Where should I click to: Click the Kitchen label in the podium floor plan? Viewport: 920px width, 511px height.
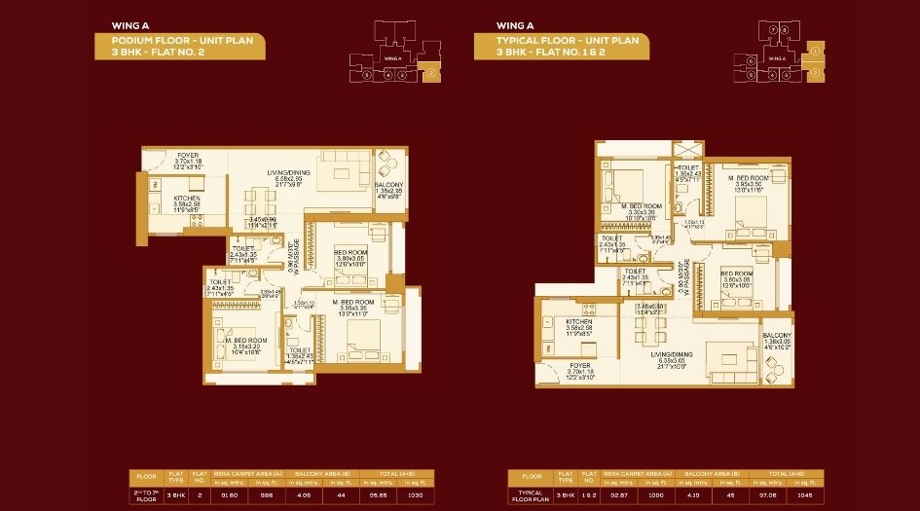(x=188, y=198)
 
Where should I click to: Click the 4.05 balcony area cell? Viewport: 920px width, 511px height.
(x=304, y=494)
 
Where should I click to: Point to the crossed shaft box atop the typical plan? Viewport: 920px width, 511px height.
(x=687, y=152)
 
